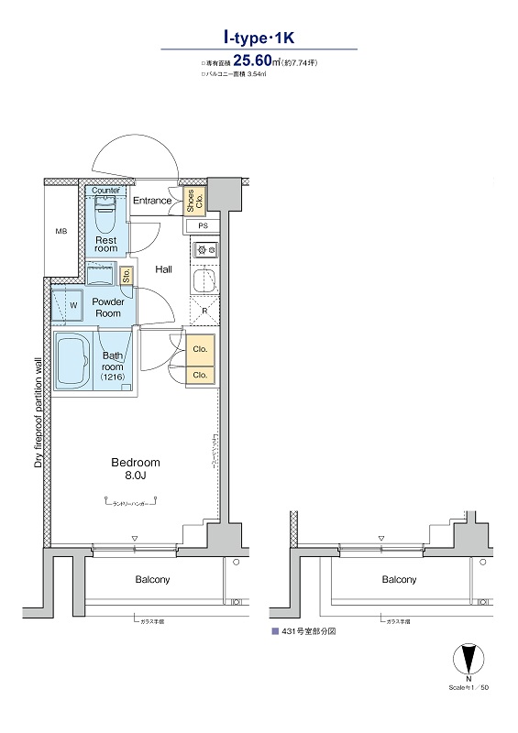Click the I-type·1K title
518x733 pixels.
click(259, 38)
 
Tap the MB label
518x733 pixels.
click(61, 231)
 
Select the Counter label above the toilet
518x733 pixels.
click(106, 190)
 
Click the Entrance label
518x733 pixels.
click(152, 201)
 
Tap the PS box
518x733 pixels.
click(203, 225)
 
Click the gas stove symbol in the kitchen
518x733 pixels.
click(204, 248)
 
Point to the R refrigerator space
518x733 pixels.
click(204, 311)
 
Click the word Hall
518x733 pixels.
click(164, 269)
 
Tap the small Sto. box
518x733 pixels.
click(127, 273)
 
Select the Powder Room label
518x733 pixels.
click(108, 307)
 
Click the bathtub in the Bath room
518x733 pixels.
click(70, 362)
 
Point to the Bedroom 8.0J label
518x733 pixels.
click(136, 469)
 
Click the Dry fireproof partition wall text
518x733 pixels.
click(39, 413)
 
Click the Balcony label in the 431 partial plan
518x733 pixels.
click(399, 580)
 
